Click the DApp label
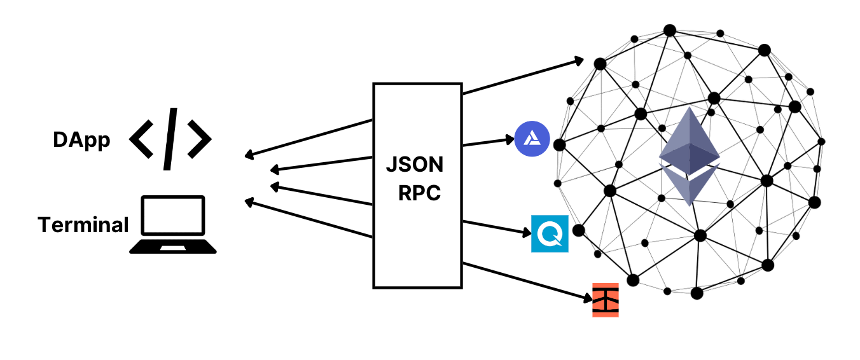pos(81,141)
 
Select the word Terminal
pos(83,225)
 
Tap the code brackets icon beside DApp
pos(170,139)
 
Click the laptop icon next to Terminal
pos(173,225)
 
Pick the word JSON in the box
pos(415,165)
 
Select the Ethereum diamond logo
pos(690,156)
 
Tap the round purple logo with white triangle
pos(532,138)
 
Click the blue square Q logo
pos(550,233)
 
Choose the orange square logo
pos(605,300)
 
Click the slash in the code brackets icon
pos(170,139)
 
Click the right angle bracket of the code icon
pos(198,139)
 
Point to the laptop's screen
pos(173,215)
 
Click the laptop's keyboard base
pos(173,247)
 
